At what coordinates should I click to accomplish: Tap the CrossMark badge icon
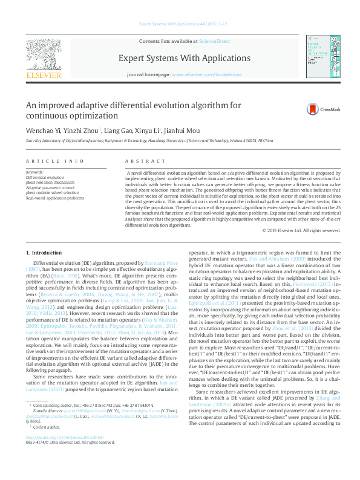(301, 109)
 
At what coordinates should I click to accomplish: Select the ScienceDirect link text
(215, 41)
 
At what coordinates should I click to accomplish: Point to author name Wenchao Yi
(43, 131)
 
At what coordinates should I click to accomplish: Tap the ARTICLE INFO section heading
(56, 161)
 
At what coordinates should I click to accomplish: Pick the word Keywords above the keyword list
(34, 172)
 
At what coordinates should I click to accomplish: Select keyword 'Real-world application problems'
(55, 198)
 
